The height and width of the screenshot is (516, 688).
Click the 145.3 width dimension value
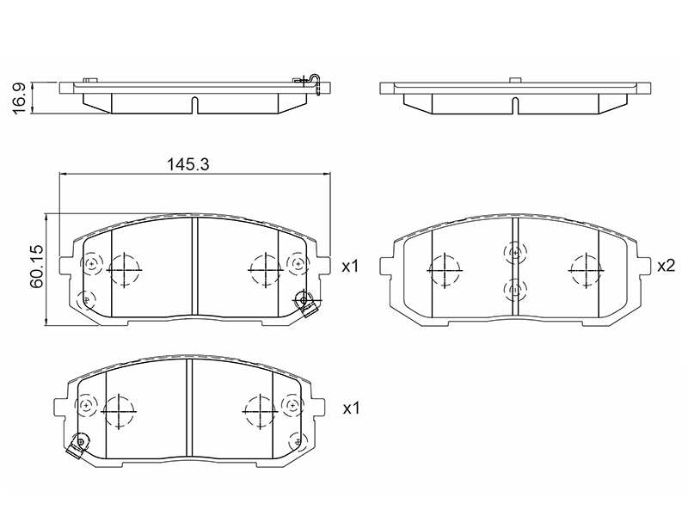tap(187, 164)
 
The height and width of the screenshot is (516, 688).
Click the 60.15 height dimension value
tap(36, 267)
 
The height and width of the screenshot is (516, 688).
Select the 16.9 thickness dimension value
tap(21, 98)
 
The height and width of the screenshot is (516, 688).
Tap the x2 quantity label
tap(666, 266)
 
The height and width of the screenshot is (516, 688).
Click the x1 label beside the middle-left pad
tap(350, 266)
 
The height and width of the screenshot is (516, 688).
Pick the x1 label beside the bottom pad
tap(351, 408)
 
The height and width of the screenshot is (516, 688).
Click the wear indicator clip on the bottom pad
tap(77, 445)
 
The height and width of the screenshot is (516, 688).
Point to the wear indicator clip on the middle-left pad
tap(306, 304)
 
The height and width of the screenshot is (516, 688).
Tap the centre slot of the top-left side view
tap(195, 105)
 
